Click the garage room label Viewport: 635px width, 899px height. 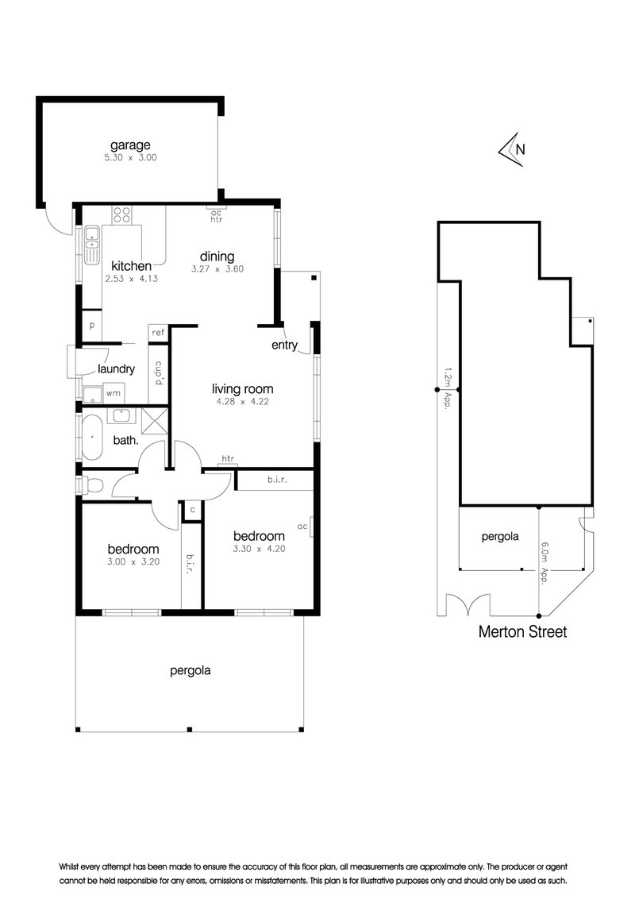[x=130, y=145]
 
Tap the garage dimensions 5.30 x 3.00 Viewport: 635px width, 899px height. [x=130, y=157]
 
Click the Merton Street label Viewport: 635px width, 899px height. [x=522, y=633]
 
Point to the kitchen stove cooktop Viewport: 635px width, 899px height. [x=121, y=214]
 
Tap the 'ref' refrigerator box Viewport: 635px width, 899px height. [x=158, y=332]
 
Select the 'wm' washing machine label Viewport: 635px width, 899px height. [x=114, y=392]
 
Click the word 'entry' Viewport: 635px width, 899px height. [x=284, y=345]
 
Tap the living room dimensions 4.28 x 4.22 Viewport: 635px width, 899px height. [x=242, y=403]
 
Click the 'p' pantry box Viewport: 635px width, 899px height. [x=92, y=326]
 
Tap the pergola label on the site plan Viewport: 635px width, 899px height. [x=500, y=536]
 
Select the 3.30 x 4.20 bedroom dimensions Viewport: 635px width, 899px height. [x=258, y=549]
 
